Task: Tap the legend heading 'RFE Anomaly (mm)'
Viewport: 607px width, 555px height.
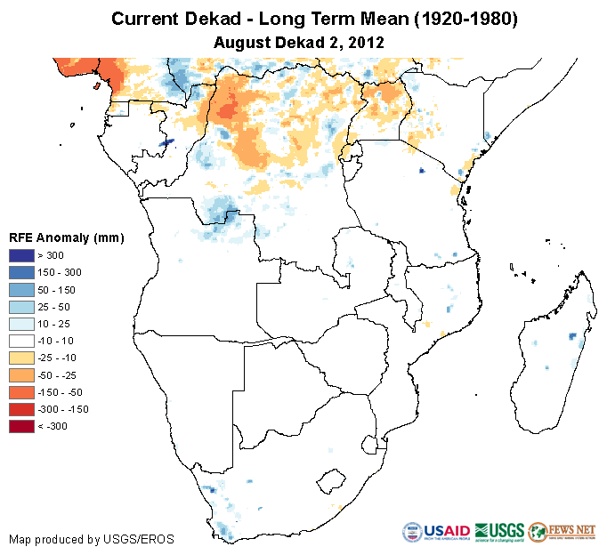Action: [66, 237]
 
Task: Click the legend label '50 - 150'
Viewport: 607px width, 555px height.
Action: [56, 290]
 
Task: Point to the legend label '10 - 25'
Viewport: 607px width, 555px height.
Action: [53, 324]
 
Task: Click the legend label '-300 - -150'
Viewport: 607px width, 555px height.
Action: [59, 409]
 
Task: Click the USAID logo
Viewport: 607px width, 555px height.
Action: [436, 532]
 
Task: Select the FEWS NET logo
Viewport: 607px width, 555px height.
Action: [562, 532]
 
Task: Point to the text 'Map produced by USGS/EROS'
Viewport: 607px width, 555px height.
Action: [91, 539]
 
